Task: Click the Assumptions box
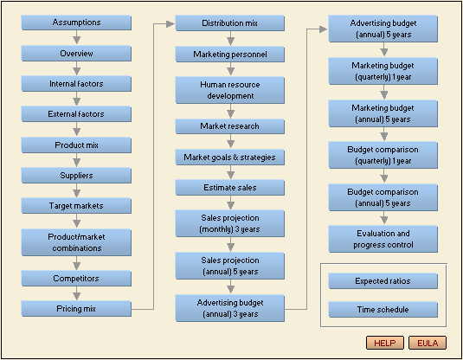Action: pyautogui.click(x=76, y=22)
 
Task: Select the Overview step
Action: pyautogui.click(x=76, y=54)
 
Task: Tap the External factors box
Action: pyautogui.click(x=76, y=114)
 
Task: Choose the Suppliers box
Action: pyautogui.click(x=76, y=176)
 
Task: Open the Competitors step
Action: pyautogui.click(x=76, y=279)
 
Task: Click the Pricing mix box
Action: pyautogui.click(x=76, y=309)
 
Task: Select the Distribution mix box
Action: pyautogui.click(x=229, y=23)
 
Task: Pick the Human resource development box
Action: pyautogui.click(x=229, y=90)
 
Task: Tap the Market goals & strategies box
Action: pyautogui.click(x=229, y=157)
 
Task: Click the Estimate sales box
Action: pyautogui.click(x=229, y=188)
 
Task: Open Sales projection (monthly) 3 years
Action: pyautogui.click(x=229, y=223)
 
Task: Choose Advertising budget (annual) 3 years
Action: pyautogui.click(x=229, y=308)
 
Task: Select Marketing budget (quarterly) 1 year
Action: pyautogui.click(x=383, y=71)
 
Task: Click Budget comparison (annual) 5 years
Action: pyautogui.click(x=383, y=197)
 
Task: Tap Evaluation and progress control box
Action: pyautogui.click(x=383, y=239)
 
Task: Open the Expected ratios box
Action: pyautogui.click(x=383, y=281)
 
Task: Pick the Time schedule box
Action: pyautogui.click(x=383, y=310)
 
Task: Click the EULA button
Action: pyautogui.click(x=428, y=343)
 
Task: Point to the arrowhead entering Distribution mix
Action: pyautogui.click(x=170, y=24)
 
